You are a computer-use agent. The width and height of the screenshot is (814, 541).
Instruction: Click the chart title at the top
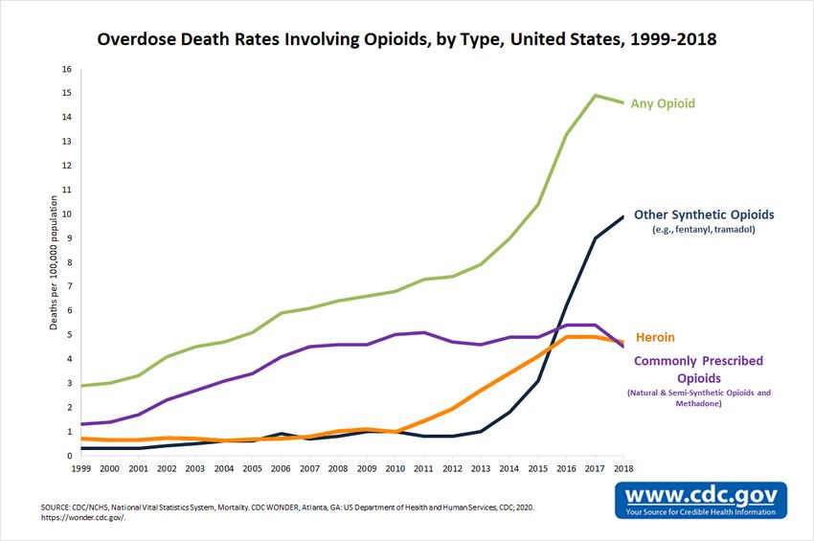click(x=406, y=40)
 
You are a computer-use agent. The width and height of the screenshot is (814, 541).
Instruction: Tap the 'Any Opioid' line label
click(x=663, y=103)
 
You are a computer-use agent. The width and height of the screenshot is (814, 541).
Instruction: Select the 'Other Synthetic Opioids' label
click(x=703, y=214)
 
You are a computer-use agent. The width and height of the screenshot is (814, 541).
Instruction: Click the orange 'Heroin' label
click(x=655, y=338)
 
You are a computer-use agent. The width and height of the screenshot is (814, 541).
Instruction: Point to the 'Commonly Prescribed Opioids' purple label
click(x=698, y=370)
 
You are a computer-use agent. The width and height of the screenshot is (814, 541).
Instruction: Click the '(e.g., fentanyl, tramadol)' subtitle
click(x=703, y=230)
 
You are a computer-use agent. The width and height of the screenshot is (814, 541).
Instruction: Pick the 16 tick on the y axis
click(x=67, y=69)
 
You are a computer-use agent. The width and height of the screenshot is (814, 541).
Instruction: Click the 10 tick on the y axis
click(x=67, y=214)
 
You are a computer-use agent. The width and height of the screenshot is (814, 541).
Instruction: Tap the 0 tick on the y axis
click(x=69, y=456)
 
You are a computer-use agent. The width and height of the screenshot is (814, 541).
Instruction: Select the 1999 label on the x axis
click(x=81, y=467)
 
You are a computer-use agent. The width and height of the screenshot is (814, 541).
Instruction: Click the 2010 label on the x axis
click(x=395, y=467)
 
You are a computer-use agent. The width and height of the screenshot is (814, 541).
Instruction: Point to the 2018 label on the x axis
click(x=623, y=467)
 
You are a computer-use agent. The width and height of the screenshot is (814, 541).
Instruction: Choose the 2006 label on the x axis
click(x=281, y=467)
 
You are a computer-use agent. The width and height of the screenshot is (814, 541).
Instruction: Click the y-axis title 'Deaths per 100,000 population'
click(x=56, y=262)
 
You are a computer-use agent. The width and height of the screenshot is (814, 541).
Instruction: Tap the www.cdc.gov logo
click(x=701, y=500)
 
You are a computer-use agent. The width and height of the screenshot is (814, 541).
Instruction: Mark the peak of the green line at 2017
click(x=595, y=95)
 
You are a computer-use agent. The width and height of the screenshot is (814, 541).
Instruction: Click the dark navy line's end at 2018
click(x=623, y=216)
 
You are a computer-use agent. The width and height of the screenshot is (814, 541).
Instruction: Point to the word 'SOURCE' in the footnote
click(x=57, y=505)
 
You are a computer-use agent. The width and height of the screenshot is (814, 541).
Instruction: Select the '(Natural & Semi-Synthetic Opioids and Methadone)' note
click(x=698, y=398)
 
